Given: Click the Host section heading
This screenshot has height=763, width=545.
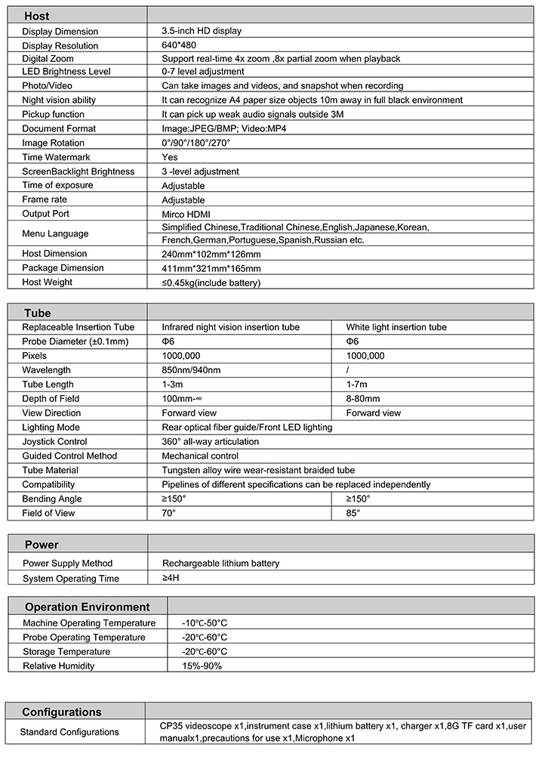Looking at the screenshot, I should click(37, 16).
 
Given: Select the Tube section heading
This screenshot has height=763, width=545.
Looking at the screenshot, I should click(38, 313).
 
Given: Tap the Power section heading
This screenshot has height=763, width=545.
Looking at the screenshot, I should click(42, 545).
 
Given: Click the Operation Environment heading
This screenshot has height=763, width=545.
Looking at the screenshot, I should click(88, 607).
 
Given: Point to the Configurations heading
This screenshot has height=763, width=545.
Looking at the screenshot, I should click(62, 712).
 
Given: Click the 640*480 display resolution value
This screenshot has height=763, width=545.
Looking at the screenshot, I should click(178, 45).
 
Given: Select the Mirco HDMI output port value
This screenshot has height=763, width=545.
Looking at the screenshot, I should click(187, 215).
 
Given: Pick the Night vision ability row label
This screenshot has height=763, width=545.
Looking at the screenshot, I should click(59, 100).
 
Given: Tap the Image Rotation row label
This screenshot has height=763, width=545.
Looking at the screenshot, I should click(54, 143).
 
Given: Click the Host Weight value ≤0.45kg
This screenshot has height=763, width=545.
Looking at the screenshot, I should click(211, 283).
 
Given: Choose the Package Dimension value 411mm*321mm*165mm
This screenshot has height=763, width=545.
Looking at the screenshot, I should click(211, 268).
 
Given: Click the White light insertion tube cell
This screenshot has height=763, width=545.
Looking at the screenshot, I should click(396, 327).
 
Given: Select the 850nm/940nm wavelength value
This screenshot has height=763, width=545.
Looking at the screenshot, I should click(192, 370).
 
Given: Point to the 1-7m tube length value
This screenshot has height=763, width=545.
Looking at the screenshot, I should click(358, 385).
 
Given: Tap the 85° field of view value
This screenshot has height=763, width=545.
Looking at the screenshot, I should click(353, 513).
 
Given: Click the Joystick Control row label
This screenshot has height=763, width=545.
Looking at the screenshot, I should click(55, 441).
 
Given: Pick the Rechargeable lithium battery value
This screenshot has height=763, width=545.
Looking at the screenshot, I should click(220, 563).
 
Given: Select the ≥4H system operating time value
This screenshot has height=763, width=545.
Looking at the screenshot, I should click(171, 578).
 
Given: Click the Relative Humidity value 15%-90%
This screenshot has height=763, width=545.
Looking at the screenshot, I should click(202, 666).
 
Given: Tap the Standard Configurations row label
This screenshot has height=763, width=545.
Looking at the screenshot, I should click(69, 731).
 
